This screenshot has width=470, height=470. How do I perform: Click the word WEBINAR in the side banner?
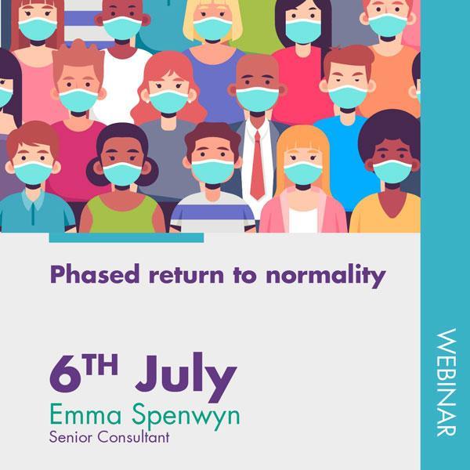446,382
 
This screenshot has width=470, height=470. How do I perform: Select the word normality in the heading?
326,276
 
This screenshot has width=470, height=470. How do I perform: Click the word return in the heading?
186,275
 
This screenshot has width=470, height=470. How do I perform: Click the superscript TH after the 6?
101,364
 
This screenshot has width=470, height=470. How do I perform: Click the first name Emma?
85,414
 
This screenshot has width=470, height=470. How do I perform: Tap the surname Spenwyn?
186,417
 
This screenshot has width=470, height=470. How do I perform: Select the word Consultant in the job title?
134,437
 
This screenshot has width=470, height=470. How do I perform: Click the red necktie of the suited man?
258,165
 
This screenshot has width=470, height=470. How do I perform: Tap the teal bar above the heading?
126,237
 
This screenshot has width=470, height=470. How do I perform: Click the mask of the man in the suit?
258,99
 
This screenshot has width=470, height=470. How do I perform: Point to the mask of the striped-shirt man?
213,171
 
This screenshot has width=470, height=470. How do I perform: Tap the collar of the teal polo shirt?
33,199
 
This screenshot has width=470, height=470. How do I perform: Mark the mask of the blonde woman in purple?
213,28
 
